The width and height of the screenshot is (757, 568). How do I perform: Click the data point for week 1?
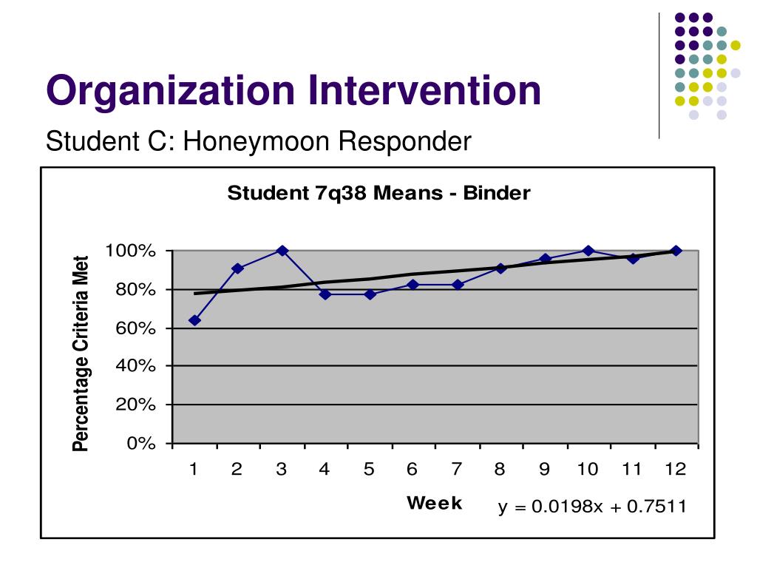194,320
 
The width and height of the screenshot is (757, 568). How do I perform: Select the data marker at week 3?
282,251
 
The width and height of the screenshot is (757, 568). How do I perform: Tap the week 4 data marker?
325,294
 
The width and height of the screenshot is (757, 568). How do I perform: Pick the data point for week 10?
588,251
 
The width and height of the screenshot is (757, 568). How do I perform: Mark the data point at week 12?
676,251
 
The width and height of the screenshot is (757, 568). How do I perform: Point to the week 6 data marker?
413,285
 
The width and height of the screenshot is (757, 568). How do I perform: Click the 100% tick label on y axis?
131,251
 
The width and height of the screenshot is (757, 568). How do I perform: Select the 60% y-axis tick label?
135,328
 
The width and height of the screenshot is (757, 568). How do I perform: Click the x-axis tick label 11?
631,470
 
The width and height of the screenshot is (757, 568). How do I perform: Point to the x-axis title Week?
435,504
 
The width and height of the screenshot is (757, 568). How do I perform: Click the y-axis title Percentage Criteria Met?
81,353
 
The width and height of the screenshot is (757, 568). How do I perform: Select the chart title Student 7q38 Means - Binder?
378,194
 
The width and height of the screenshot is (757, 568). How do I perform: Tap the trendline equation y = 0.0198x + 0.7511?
592,507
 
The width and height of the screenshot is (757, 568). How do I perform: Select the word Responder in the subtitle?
405,140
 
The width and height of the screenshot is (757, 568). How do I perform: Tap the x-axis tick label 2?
237,470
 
